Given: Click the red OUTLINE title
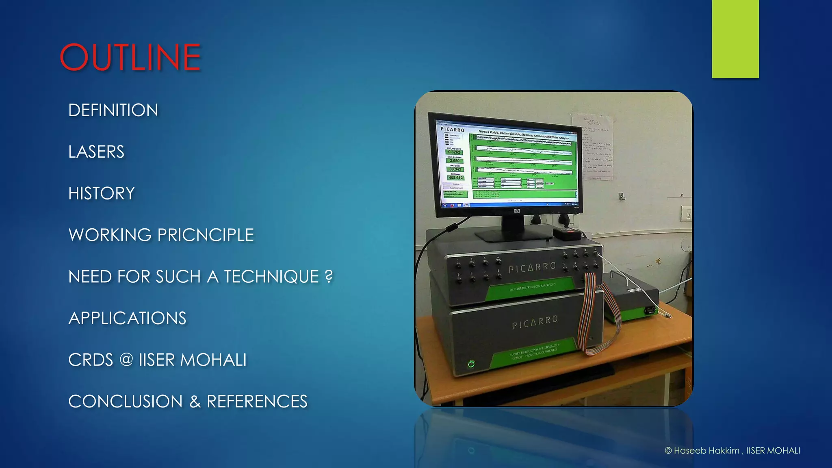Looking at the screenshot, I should pos(130,57).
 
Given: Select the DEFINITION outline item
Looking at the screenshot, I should pos(113,110).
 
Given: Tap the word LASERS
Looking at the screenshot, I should pos(96,152).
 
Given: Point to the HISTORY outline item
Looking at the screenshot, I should pos(102,193).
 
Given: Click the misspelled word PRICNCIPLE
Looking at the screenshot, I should pos(206,235).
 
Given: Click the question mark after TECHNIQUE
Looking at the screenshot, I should pos(329,276).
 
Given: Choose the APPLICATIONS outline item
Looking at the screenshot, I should pos(127,318).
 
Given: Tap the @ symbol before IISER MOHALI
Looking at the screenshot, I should pos(126,360).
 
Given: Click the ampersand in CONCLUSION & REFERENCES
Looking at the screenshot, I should pos(195,402).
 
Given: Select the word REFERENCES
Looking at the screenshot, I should pos(257,401).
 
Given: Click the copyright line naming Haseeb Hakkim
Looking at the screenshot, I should pos(732,451).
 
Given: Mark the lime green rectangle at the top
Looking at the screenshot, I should pos(735,39).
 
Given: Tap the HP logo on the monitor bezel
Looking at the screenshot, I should pos(517,211).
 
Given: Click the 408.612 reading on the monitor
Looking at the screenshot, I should pos(455,178).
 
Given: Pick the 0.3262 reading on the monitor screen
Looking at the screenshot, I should pos(455,152).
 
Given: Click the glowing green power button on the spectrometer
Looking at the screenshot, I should pos(471,364).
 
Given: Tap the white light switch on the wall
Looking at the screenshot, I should pos(687,213).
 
